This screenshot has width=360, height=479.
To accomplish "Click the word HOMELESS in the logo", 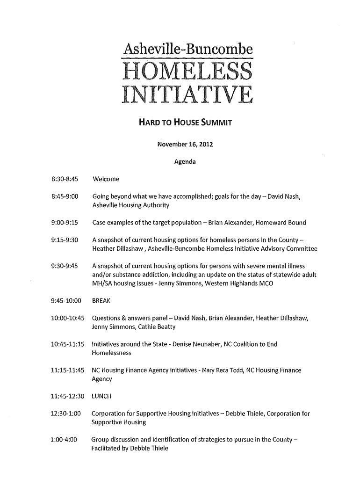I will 186,72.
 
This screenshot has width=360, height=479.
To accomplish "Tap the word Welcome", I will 106,179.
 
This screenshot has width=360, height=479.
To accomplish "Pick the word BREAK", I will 102,300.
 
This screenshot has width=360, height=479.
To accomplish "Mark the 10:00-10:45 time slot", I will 68,319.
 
